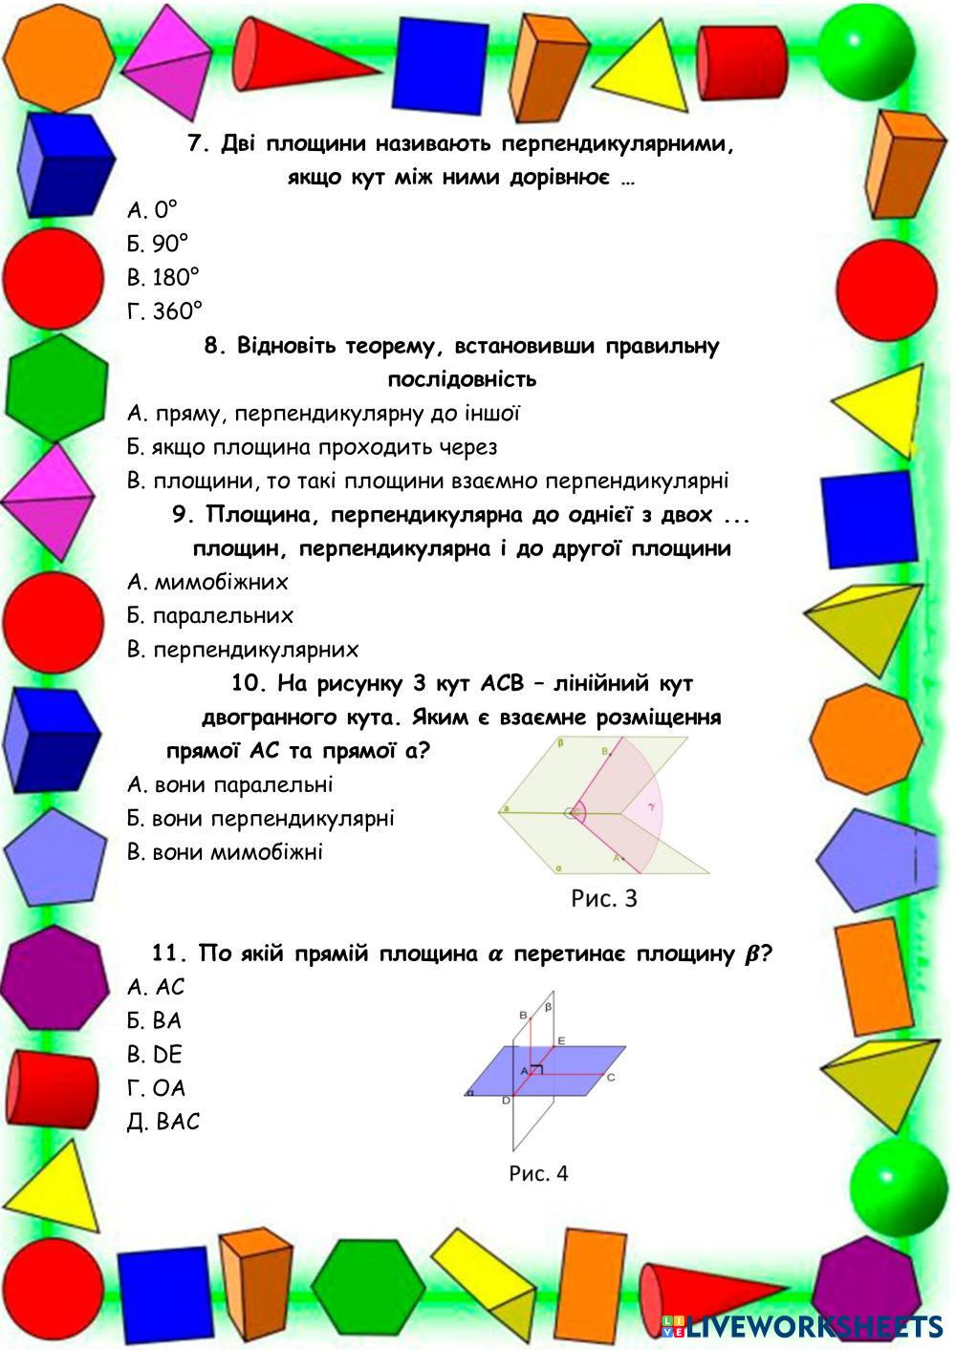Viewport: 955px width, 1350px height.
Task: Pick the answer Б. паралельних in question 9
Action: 209,616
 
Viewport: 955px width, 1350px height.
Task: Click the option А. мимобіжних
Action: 207,582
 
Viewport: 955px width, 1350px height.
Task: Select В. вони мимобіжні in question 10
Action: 225,852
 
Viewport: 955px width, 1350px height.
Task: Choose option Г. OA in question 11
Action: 156,1088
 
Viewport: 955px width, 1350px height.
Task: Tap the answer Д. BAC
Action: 163,1122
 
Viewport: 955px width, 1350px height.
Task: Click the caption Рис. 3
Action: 603,898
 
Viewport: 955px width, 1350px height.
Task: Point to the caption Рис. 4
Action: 538,1173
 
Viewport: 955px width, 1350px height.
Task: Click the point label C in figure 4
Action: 610,1078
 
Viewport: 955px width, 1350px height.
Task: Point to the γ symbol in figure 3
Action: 651,806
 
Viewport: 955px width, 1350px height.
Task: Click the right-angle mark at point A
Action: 536,1070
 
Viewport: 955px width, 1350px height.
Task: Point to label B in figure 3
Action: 604,753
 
